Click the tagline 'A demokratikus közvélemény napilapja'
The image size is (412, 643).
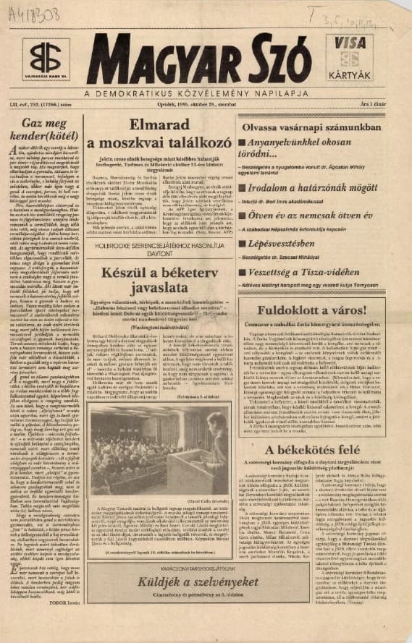click(206, 94)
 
